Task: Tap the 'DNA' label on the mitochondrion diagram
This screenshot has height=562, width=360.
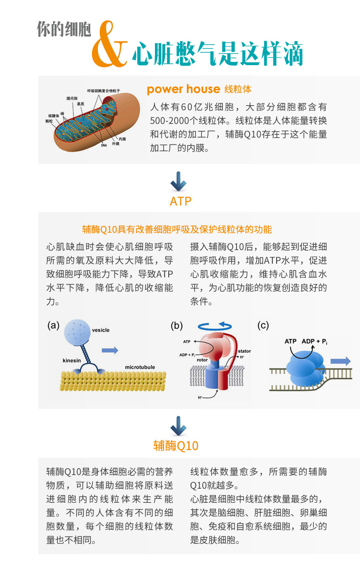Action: pyautogui.click(x=104, y=146)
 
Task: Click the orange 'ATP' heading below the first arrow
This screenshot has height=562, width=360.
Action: pyautogui.click(x=180, y=201)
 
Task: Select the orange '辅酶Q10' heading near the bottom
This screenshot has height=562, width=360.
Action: pyautogui.click(x=176, y=445)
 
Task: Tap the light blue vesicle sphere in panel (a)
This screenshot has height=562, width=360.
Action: pyautogui.click(x=77, y=332)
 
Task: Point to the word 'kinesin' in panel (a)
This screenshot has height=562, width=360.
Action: pyautogui.click(x=72, y=361)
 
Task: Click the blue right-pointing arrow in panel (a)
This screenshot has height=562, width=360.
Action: pyautogui.click(x=110, y=350)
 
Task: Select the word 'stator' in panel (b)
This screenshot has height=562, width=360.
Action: pyautogui.click(x=244, y=351)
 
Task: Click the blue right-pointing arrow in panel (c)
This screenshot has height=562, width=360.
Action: pyautogui.click(x=340, y=361)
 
